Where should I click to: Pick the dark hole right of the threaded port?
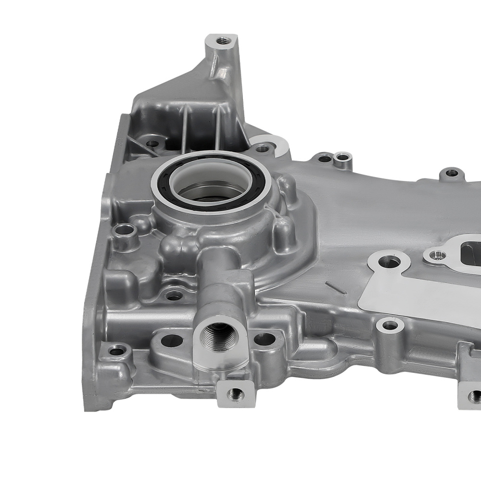tap(264, 339)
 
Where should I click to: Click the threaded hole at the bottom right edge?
tap(475, 396)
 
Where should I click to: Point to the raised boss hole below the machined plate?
tap(390, 326)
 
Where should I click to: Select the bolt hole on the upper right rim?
tap(451, 172)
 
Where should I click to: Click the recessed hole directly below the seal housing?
tap(174, 295)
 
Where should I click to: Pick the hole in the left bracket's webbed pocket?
tap(152, 143)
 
